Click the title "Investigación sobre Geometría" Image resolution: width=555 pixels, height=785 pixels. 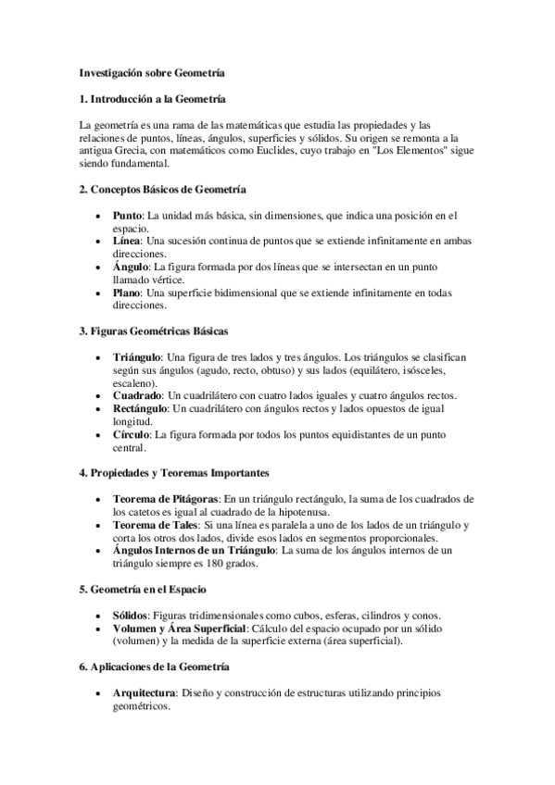[151, 70]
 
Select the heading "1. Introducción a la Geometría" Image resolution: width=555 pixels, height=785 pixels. [152, 98]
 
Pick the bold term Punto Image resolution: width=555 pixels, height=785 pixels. [127, 216]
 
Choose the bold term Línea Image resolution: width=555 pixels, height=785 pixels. [127, 241]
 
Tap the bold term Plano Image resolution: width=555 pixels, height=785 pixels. [127, 293]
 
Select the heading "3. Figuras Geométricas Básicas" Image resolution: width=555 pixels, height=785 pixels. [154, 330]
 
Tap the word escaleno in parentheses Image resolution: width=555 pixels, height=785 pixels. [134, 382]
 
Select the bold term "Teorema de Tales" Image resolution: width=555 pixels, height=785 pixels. [153, 525]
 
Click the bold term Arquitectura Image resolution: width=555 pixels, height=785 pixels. [145, 692]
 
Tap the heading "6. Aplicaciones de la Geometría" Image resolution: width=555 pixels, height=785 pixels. [156, 667]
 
